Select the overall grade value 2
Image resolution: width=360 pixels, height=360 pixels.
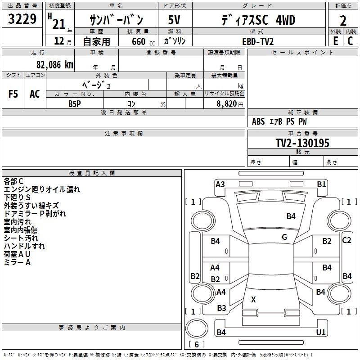point(343,21)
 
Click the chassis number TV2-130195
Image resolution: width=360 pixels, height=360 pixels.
point(302,143)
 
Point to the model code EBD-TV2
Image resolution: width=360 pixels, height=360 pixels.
point(258,41)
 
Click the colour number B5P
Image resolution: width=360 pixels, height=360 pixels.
point(75,103)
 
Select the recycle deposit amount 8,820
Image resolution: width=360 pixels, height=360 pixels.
point(227,103)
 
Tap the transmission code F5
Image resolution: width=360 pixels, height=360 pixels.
point(13,94)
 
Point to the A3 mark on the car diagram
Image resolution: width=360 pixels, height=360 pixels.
point(220,184)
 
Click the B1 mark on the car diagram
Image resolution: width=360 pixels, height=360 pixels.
point(321,184)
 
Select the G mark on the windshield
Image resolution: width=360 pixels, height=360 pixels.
point(284,237)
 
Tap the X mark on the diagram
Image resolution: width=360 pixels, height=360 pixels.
point(253,299)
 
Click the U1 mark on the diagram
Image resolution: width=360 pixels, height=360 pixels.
point(321,332)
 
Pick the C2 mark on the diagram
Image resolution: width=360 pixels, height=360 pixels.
point(346,240)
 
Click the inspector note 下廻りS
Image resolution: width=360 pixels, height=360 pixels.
point(17,197)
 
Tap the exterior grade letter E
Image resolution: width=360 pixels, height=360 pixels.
point(335,41)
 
